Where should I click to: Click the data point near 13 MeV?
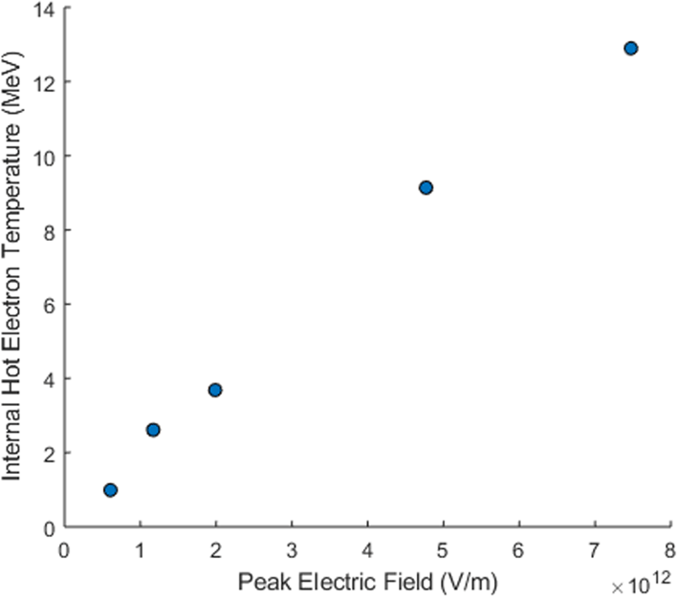(x=630, y=48)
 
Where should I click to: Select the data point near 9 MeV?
(x=426, y=187)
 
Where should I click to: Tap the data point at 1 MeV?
(x=110, y=490)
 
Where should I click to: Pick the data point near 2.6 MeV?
(x=153, y=430)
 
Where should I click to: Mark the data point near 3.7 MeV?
(x=215, y=390)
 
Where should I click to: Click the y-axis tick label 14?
(x=44, y=9)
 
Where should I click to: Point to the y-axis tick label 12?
(x=44, y=82)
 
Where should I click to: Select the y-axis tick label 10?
(x=44, y=157)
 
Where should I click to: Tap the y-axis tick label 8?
(x=49, y=230)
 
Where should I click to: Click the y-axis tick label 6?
(x=49, y=305)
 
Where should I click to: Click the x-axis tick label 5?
(x=443, y=550)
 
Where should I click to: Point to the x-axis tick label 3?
(x=292, y=550)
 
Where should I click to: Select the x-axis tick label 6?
(x=518, y=550)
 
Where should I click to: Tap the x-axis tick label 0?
(x=65, y=550)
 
